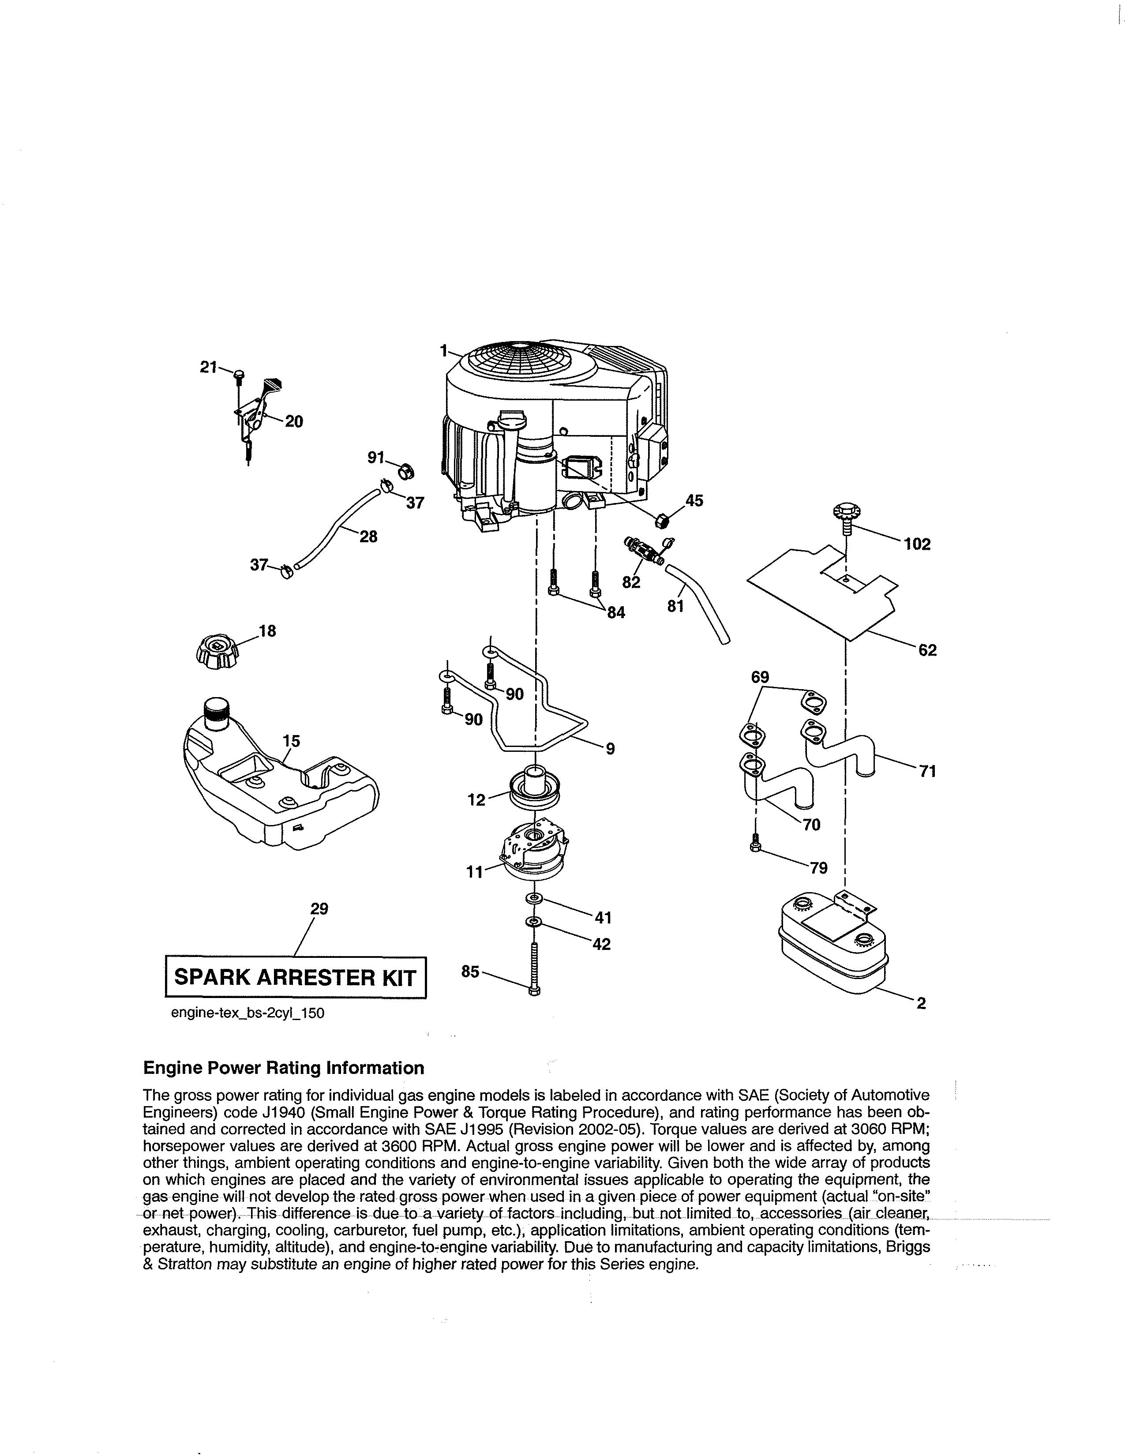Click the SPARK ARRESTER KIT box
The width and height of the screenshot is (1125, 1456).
click(x=295, y=977)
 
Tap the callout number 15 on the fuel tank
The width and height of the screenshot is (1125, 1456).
click(x=291, y=741)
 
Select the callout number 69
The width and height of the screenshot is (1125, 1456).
click(x=760, y=677)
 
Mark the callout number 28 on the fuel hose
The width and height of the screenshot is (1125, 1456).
click(x=368, y=536)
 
